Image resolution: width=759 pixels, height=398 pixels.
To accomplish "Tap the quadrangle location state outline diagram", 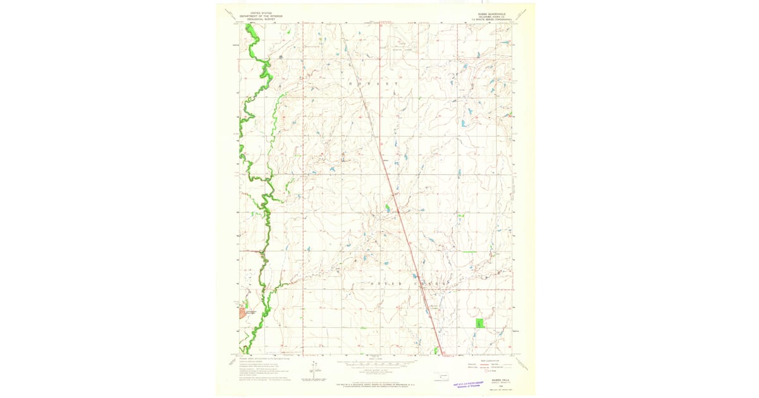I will pyautogui.click(x=442, y=378).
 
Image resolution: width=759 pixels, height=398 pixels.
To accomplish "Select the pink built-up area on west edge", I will pyautogui.click(x=242, y=311).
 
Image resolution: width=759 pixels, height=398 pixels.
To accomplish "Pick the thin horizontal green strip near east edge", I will pyautogui.click(x=469, y=251).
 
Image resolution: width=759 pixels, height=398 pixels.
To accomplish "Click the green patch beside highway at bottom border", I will pyautogui.click(x=436, y=349).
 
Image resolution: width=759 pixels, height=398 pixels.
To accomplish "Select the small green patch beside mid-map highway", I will pyautogui.click(x=387, y=207).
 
